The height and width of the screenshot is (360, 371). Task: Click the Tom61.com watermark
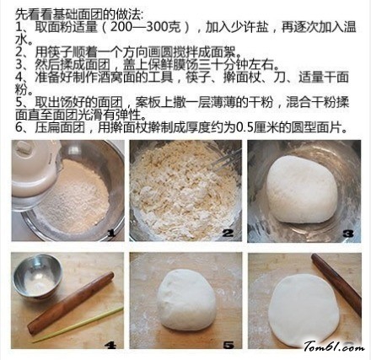[x=334, y=347]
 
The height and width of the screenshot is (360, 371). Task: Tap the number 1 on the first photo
[x=111, y=233]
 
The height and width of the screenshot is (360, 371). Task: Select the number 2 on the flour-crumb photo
[x=228, y=233]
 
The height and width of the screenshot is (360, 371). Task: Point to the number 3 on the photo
[x=348, y=234]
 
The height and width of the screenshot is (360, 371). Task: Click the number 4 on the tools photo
[x=110, y=345]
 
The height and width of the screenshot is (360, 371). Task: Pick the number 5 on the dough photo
[x=229, y=345]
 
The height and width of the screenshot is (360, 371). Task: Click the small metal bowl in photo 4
[x=37, y=277]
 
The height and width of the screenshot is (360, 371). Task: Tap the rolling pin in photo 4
[x=71, y=303]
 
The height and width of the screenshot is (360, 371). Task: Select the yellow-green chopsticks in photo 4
[x=78, y=325]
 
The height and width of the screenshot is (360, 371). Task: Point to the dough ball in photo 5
[x=186, y=299]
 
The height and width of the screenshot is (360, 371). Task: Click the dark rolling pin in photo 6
[x=336, y=284]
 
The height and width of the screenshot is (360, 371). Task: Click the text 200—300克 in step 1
[x=145, y=27]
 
